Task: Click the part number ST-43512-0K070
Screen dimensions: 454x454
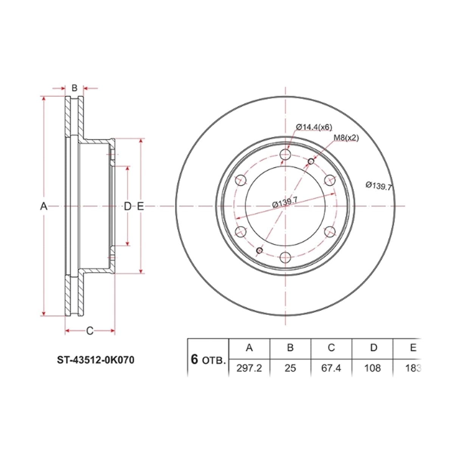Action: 95,360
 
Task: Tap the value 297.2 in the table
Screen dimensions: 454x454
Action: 249,368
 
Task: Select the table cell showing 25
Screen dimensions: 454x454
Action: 290,368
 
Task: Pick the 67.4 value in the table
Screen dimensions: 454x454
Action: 331,368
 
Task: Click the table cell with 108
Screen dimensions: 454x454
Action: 372,368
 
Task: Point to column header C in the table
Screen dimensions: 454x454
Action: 331,348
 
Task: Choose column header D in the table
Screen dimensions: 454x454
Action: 374,348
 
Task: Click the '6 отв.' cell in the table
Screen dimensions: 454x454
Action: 208,360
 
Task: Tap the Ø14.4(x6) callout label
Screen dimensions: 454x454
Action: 314,127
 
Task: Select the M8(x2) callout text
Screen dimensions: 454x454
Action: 346,138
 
